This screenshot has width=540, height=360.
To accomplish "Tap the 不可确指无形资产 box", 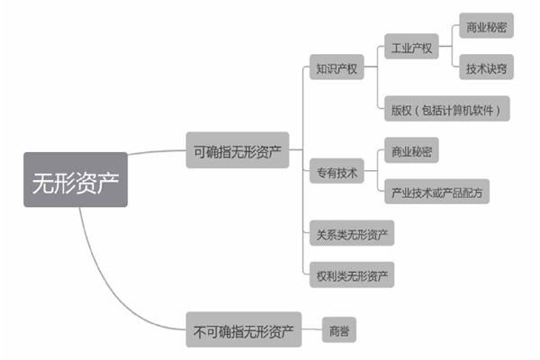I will [243, 330].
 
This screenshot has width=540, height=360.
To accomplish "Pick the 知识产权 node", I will [336, 67].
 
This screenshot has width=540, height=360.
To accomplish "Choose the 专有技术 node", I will [336, 171].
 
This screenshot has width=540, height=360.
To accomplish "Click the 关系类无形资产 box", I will [349, 234].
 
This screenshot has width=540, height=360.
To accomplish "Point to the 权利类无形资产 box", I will [349, 273].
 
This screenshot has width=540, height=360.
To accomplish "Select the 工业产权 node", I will [410, 47].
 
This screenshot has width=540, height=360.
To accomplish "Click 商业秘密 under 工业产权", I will [486, 27].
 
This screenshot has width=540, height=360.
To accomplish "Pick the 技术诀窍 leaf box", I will [486, 67].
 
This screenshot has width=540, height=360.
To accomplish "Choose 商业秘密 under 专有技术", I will [410, 150].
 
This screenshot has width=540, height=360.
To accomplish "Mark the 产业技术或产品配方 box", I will [436, 192].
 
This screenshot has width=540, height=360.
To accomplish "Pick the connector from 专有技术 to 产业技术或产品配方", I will [374, 184].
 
